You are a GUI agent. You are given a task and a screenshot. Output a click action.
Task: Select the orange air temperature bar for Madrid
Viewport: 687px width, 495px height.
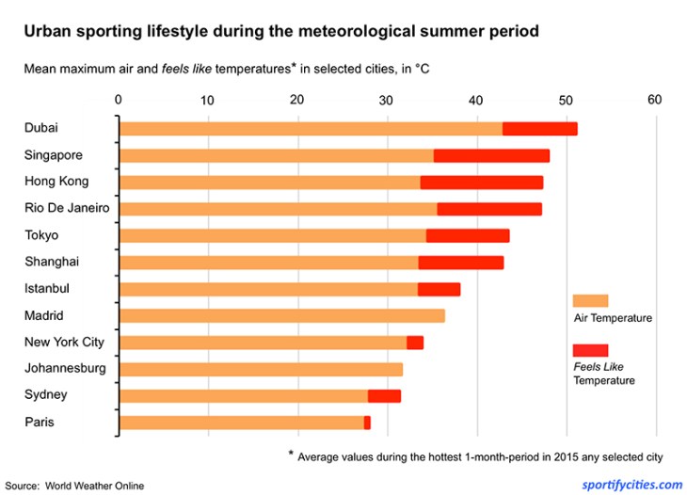point(282,316)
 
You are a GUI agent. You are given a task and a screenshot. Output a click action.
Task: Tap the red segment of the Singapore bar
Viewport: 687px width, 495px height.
point(491,156)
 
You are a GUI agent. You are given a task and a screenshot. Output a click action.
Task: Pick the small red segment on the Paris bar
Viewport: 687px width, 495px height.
point(367,423)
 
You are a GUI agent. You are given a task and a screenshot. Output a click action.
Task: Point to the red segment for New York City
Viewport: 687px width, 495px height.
point(415,343)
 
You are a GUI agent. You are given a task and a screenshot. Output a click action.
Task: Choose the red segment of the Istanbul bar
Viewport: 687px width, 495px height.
point(439,290)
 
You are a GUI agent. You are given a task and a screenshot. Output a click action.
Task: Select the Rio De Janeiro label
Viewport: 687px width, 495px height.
point(68,208)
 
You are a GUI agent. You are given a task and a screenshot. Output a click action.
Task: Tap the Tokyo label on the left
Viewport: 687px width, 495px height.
point(41,235)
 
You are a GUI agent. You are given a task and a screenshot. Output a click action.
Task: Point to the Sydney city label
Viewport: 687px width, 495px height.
point(46,395)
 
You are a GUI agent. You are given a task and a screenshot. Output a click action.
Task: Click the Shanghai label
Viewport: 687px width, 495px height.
point(52,262)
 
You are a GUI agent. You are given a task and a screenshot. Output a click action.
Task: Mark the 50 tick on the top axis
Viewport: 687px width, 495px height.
point(566,100)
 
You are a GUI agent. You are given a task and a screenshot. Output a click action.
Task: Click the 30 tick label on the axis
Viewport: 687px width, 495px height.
point(387,100)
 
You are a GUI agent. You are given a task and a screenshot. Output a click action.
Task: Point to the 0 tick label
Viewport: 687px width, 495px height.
point(119,100)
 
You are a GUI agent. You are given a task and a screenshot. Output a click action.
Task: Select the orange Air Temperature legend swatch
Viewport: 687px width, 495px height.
point(590,300)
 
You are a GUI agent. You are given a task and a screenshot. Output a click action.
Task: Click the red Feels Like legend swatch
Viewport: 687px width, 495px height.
point(590,350)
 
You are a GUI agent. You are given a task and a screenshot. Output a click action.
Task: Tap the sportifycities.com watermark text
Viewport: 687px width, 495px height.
point(632,485)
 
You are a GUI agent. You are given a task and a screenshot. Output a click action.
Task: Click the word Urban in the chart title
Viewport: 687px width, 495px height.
point(45,31)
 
